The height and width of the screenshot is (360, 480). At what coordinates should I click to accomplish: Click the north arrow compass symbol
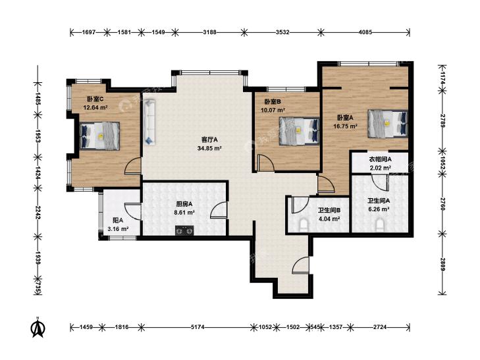[38, 328]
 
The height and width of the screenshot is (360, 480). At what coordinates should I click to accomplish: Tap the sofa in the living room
[149, 121]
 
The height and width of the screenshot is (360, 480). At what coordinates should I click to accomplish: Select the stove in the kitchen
[184, 230]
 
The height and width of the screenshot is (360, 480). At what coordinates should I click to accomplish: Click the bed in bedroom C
[99, 136]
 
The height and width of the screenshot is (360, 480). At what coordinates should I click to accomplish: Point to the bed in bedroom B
[299, 131]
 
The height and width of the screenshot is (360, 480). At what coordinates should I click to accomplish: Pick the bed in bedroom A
[388, 124]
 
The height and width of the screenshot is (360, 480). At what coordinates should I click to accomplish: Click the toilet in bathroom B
[304, 225]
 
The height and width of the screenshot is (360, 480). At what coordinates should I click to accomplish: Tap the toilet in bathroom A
[380, 225]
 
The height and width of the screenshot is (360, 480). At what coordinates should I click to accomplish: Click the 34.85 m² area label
[209, 149]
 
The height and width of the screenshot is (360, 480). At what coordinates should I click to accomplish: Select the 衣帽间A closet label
[380, 159]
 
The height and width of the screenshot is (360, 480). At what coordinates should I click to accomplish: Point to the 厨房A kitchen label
[184, 204]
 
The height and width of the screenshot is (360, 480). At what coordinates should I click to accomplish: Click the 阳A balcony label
[118, 220]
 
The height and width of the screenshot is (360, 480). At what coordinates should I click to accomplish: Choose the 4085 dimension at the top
[365, 32]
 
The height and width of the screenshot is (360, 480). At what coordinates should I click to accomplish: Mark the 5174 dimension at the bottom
[198, 327]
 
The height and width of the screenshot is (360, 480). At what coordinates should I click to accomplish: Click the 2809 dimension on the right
[442, 264]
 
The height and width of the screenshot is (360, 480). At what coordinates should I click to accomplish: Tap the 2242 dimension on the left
[38, 212]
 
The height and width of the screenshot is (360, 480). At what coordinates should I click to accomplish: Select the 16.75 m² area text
[345, 126]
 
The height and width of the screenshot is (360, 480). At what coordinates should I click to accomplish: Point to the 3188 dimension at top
[209, 32]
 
